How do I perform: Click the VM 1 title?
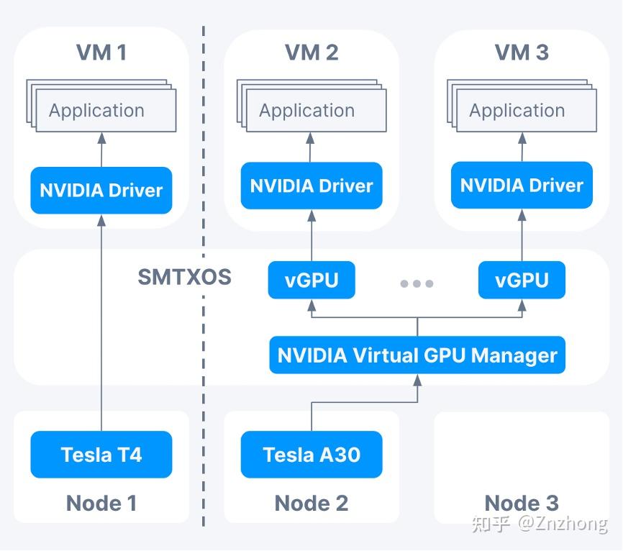[x=101, y=53]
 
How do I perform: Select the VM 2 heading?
[x=311, y=53]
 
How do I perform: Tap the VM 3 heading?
[x=522, y=53]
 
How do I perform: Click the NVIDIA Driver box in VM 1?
[x=101, y=191]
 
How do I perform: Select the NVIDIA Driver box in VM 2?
[x=311, y=186]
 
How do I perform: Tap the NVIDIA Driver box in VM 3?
[x=522, y=186]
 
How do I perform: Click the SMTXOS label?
[x=184, y=277]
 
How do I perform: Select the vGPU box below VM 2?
[x=311, y=281]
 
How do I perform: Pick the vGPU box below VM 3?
[x=522, y=281]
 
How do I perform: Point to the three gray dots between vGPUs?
[x=417, y=283]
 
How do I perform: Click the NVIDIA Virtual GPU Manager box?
[x=417, y=355]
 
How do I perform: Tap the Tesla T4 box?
[x=101, y=455]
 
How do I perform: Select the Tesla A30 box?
[x=311, y=455]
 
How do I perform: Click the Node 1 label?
[x=101, y=503]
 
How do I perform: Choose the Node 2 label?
[x=311, y=503]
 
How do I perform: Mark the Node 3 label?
[x=522, y=503]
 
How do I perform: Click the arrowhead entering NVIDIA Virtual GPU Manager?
[x=417, y=378]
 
